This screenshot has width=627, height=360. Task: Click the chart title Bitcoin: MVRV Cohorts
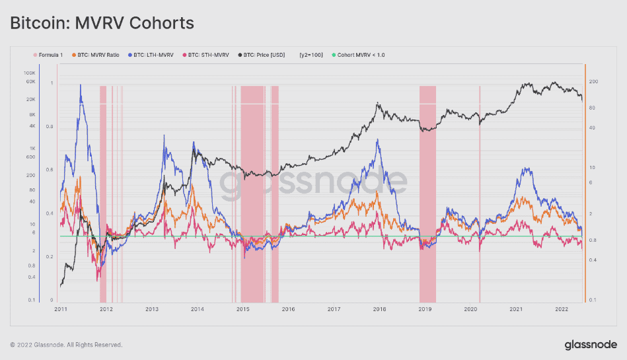click(x=102, y=23)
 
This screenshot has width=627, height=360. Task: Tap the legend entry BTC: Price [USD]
click(x=262, y=55)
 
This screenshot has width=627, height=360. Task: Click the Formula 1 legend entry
click(x=50, y=55)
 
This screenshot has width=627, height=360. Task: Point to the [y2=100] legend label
click(x=311, y=55)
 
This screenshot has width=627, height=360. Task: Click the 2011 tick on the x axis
click(x=60, y=308)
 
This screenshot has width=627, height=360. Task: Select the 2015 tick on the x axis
click(x=242, y=308)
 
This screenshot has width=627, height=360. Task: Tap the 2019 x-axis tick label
click(x=425, y=308)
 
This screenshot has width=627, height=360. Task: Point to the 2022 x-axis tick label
click(x=562, y=308)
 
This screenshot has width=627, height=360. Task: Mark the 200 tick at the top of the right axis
click(x=593, y=82)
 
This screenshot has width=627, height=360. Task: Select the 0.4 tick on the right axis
click(x=593, y=260)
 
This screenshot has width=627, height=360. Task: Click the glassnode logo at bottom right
click(x=591, y=344)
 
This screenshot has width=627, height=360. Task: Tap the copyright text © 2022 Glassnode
click(x=66, y=345)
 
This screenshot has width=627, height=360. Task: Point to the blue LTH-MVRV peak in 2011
click(x=81, y=85)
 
